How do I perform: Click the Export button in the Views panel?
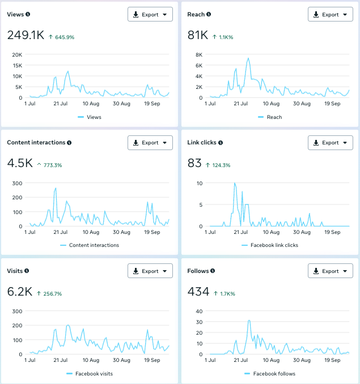pos(150,15)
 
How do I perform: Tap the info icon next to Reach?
pos(209,14)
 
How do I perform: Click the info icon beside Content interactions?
pos(69,143)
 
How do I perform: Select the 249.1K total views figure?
pos(26,35)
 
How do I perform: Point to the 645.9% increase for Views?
pos(65,37)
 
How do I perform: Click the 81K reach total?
pos(197,35)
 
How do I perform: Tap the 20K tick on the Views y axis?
pos(17,54)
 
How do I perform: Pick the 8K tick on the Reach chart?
pos(199,54)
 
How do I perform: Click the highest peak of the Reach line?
pos(248,58)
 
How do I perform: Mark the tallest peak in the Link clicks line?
pos(235,183)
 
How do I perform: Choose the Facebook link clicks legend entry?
pos(270,245)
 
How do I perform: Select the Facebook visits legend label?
pos(94,374)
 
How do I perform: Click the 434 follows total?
pos(198,292)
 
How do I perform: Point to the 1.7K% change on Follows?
pos(228,293)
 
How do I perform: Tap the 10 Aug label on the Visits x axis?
pos(91,360)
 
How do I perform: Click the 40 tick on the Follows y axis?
pos(199,312)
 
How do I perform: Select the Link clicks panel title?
pos(202,143)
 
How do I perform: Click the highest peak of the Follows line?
pos(249,321)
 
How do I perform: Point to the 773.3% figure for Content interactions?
pos(53,165)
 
